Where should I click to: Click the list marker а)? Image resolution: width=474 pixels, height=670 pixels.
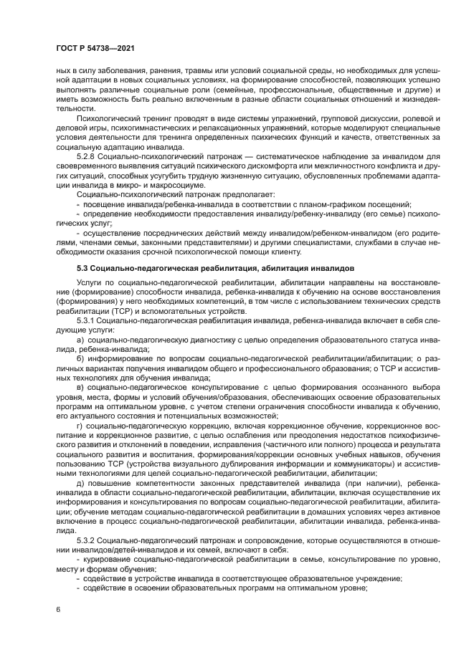(80, 339)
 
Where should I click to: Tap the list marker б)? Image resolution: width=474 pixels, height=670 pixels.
(80, 358)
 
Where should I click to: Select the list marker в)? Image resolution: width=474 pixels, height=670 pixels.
(80, 387)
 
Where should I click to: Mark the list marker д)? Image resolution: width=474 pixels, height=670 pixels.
(80, 483)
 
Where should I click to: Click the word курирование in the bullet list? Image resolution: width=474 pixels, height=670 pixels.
(107, 558)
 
